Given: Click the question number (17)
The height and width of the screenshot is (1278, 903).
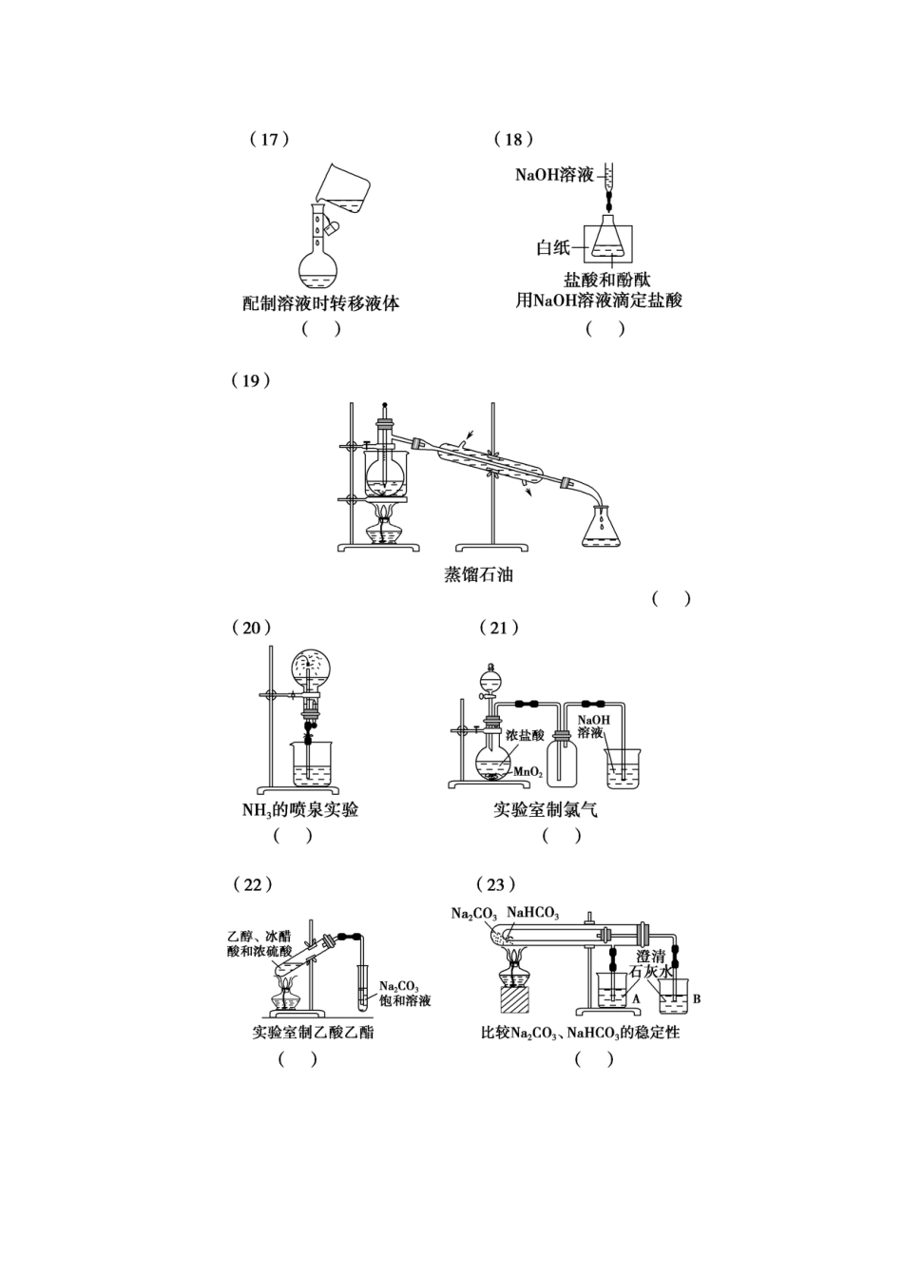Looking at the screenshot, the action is pyautogui.click(x=269, y=139).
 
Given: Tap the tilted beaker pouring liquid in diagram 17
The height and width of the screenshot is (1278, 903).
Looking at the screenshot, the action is pyautogui.click(x=343, y=189).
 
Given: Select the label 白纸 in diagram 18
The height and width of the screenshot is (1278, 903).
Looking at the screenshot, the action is pyautogui.click(x=553, y=248).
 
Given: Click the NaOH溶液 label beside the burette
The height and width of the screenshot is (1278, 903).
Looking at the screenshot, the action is pyautogui.click(x=554, y=175).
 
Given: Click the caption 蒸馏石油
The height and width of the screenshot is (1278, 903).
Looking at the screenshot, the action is pyautogui.click(x=478, y=574).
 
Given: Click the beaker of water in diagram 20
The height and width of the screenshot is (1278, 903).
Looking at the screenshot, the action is pyautogui.click(x=311, y=765).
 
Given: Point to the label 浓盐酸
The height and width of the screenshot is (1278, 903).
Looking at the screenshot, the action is pyautogui.click(x=525, y=735).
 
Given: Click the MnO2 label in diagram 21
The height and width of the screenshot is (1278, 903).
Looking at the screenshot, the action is pyautogui.click(x=528, y=772).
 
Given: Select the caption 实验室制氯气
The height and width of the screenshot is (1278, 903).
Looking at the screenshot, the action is pyautogui.click(x=546, y=810).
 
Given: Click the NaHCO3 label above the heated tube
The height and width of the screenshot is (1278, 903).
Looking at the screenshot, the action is pyautogui.click(x=533, y=913).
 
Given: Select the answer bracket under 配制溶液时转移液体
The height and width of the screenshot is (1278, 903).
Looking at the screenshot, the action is pyautogui.click(x=321, y=329).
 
